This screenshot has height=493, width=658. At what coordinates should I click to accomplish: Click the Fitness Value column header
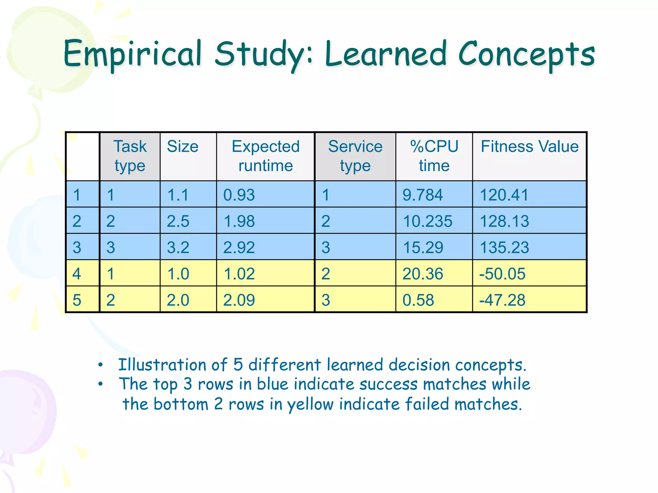(529, 147)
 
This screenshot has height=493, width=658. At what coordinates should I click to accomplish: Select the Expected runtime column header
(265, 156)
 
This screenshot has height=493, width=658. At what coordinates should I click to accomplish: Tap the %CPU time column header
(434, 156)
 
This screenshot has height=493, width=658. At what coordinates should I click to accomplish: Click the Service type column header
(355, 156)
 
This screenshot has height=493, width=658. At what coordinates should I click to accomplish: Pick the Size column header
(182, 147)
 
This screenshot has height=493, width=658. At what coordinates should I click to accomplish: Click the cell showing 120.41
(504, 195)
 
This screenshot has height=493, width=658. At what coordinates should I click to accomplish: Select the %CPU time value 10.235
(427, 221)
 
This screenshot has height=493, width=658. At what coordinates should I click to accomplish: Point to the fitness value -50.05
(502, 274)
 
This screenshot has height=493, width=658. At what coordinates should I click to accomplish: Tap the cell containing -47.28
(502, 300)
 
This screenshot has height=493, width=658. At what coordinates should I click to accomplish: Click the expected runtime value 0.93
(239, 195)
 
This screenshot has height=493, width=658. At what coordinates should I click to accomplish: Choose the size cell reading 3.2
(178, 247)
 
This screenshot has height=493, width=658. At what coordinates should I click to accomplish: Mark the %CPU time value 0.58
(418, 300)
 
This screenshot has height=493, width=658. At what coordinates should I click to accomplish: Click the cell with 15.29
(423, 247)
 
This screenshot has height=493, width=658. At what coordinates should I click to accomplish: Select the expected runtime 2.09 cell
(239, 300)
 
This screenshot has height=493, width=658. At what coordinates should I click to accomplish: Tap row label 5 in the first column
(77, 300)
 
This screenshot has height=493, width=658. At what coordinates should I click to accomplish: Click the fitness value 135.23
(504, 247)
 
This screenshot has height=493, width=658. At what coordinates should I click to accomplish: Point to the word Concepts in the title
(526, 54)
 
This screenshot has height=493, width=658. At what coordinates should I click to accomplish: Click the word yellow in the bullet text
(310, 404)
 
